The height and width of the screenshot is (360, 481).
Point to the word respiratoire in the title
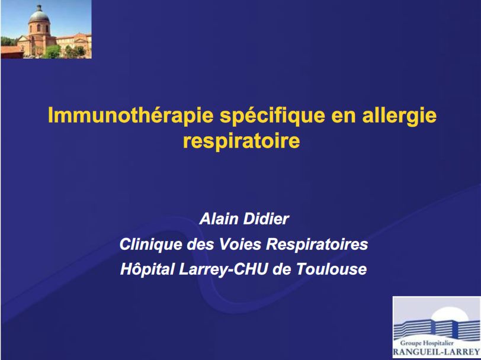point(240,142)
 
